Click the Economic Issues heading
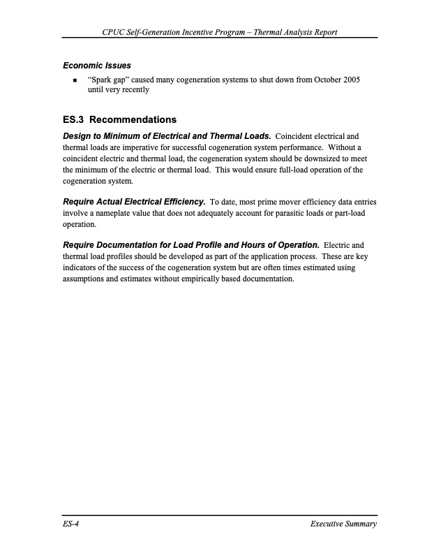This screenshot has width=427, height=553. tap(97, 66)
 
